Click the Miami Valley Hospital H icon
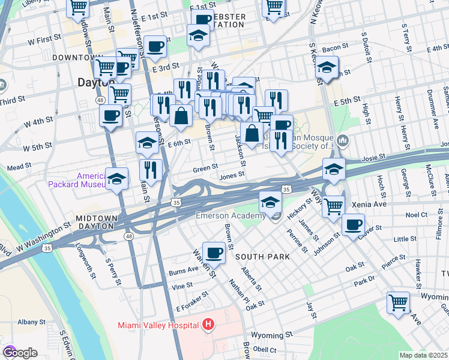(x=208, y=325)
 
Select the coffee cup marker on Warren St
(x=214, y=252)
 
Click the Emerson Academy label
(x=231, y=216)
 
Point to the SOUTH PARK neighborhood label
(x=262, y=257)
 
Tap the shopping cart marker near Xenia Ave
(x=333, y=206)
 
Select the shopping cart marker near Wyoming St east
(x=399, y=302)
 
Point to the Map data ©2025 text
(x=424, y=355)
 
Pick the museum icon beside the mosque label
(x=343, y=142)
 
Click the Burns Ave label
(x=183, y=271)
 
